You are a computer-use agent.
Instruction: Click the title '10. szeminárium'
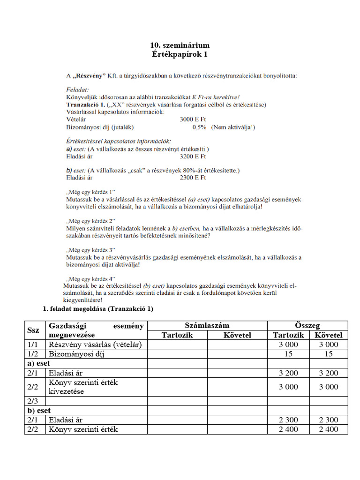click(x=180, y=45)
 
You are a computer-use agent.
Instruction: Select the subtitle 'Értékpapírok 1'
click(x=180, y=54)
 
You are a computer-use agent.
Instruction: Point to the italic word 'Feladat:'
click(x=77, y=88)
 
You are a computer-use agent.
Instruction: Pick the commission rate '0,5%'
click(x=199, y=127)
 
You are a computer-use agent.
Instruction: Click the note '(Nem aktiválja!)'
click(x=233, y=127)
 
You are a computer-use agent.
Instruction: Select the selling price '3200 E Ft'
click(x=193, y=156)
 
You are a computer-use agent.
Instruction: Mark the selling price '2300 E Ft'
click(x=193, y=178)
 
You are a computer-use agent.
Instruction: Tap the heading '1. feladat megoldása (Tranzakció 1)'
click(x=98, y=309)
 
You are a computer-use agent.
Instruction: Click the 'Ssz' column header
click(x=34, y=330)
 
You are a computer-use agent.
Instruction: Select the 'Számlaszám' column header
click(x=207, y=325)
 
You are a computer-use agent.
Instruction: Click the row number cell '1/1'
click(x=34, y=344)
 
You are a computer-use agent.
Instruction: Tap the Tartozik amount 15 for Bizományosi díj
click(x=288, y=354)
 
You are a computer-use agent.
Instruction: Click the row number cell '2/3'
click(x=34, y=401)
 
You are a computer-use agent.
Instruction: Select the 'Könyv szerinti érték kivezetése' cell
click(x=83, y=387)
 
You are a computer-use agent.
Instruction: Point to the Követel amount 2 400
click(x=328, y=429)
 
